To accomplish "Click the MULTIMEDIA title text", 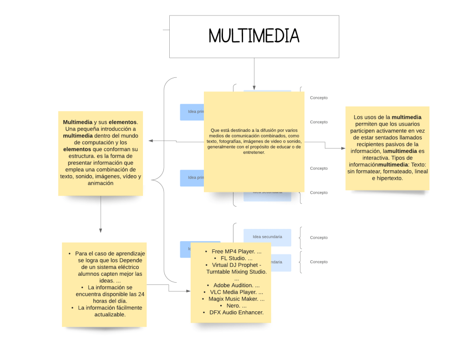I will coord(254,36).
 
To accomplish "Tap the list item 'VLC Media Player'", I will coord(233,292).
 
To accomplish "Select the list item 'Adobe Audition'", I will coord(233,285).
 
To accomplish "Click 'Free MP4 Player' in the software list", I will coord(233,251).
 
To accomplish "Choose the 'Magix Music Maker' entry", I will coord(233,299).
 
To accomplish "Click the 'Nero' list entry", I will coord(233,306).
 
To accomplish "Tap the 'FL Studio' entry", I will coord(233,258).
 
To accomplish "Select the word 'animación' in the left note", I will coord(101,183).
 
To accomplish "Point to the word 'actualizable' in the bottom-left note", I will coord(110,314).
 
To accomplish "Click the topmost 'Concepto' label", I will coord(319,98).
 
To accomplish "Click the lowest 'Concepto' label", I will coord(319,262).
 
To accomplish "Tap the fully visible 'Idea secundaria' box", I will coord(267,237).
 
